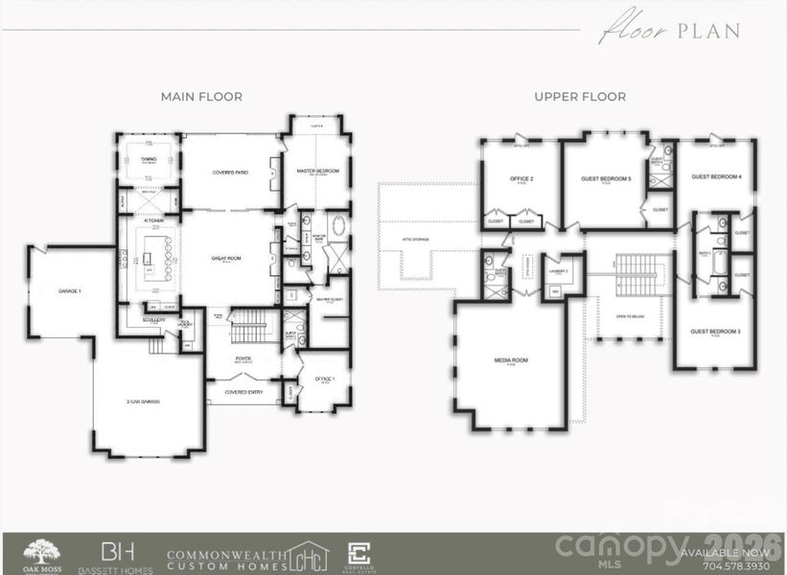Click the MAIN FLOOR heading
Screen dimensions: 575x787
pos(201,97)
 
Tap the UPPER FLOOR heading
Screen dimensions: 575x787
pos(580,97)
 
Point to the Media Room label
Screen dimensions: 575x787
pos(511,360)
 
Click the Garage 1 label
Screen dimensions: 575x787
pos(68,289)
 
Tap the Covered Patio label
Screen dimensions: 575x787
pos(230,172)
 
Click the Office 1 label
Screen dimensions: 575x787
pos(325,379)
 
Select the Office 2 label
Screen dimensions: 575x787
pos(521,178)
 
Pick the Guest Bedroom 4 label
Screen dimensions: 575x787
pos(716,176)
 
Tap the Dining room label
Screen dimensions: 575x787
pos(149,161)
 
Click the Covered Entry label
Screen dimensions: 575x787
pos(243,392)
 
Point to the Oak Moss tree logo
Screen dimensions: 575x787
pos(41,553)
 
